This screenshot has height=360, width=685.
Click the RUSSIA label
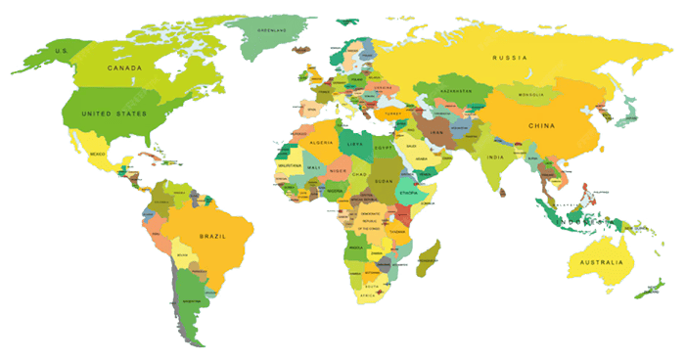tap(510, 58)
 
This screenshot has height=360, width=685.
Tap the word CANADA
tap(124, 68)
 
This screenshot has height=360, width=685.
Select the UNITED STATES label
tap(114, 114)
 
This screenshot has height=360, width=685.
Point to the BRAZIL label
tap(213, 237)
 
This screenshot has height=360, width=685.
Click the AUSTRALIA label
tap(601, 262)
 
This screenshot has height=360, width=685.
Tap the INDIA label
tap(497, 157)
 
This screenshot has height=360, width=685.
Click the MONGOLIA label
tap(530, 94)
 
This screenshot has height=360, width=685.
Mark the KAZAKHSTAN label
tap(456, 90)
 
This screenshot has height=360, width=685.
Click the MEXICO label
tap(97, 155)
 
